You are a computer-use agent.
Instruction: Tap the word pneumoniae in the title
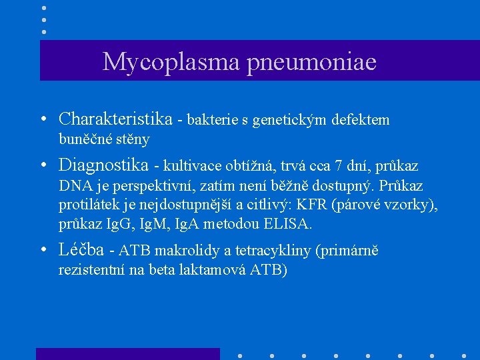312,62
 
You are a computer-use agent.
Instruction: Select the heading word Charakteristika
115,119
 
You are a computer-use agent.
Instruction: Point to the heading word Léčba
81,250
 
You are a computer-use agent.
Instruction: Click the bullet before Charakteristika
43,120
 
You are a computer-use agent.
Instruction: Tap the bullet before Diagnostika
43,165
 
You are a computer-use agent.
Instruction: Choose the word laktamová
212,271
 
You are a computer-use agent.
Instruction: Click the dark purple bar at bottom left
127,353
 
